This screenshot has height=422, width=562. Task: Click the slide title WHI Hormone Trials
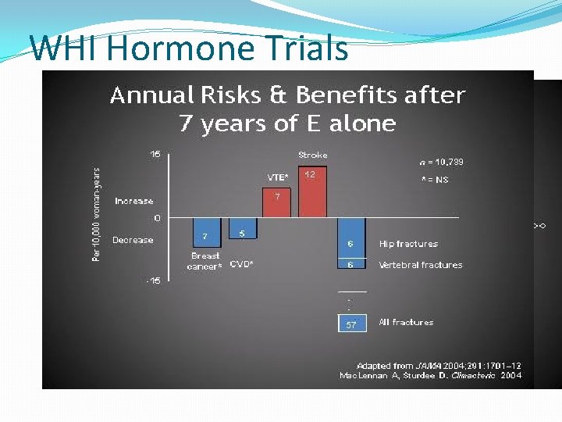pos(189,48)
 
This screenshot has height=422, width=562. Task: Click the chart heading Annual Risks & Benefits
pos(287,96)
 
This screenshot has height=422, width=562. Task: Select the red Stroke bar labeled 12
pos(313,191)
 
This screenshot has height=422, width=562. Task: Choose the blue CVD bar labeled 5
pos(242,228)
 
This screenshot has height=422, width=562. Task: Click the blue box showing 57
pos(351,324)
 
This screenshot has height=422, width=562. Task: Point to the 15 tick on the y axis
pos(155,155)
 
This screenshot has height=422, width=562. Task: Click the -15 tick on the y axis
pos(154,281)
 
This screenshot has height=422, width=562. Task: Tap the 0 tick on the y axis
pos(157,217)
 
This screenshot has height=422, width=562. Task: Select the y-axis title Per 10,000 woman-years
pos(97,214)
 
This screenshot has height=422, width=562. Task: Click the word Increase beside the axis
pos(134,201)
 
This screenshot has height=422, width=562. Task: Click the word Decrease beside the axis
pos(133,240)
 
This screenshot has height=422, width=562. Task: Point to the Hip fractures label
pos(408,244)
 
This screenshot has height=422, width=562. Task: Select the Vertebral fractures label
pos(421,265)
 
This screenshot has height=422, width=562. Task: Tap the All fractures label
pos(406,322)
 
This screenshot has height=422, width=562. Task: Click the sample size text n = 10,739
pos(441,163)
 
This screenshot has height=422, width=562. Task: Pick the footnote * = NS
pos(435,180)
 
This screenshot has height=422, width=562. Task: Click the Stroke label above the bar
pos(313,155)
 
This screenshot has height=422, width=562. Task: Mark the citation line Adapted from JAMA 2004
pos(438,365)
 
